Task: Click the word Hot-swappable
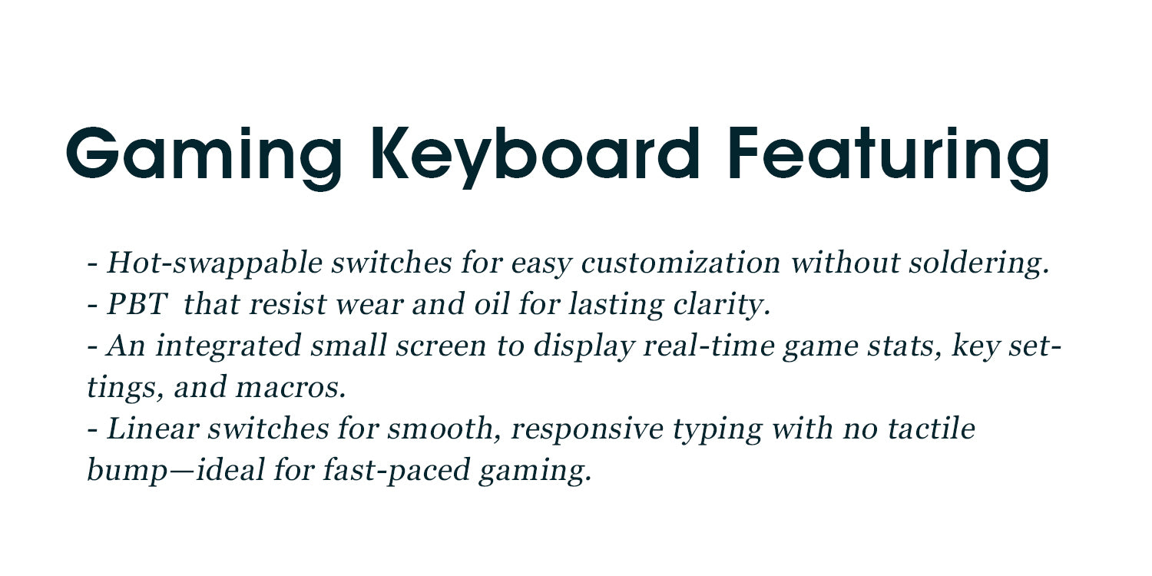click(214, 264)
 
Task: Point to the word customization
click(681, 263)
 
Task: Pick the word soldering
click(979, 264)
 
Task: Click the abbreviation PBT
click(137, 304)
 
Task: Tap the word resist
click(289, 304)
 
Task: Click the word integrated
click(228, 346)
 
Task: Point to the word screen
click(441, 346)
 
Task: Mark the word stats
click(905, 347)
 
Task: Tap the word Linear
click(153, 429)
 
